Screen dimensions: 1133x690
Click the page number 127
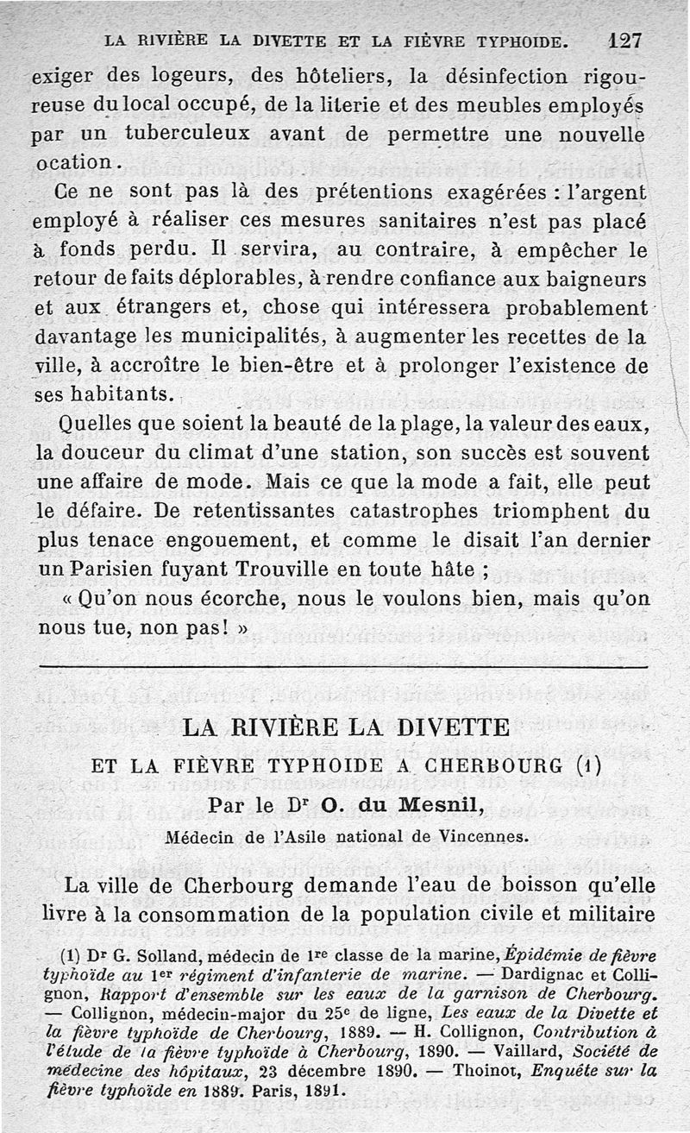point(625,40)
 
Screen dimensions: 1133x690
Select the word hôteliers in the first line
point(339,76)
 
